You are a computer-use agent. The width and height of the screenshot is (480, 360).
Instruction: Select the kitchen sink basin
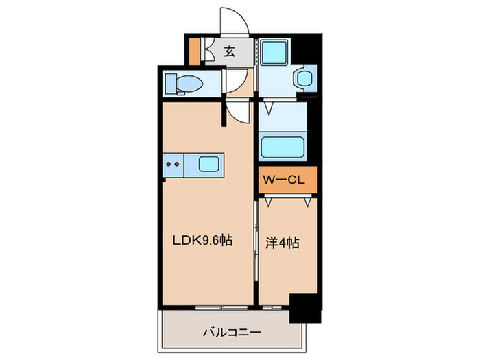coord(210,164)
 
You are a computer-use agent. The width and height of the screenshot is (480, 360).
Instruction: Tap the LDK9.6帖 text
coord(202,241)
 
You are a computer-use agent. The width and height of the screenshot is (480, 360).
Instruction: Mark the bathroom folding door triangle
coord(269,108)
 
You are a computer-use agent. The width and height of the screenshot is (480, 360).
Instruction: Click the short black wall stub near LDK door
coord(224,114)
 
